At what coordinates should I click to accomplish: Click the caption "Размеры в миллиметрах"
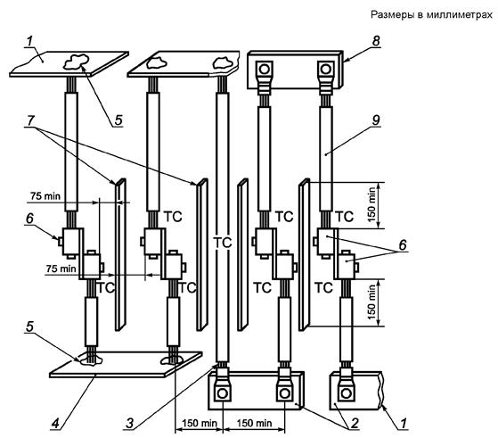431,14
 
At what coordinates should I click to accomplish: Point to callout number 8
376,41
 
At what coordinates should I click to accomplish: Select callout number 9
376,120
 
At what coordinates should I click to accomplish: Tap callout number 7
31,120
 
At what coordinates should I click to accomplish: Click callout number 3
130,424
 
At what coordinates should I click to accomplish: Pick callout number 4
55,424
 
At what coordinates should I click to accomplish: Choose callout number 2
355,423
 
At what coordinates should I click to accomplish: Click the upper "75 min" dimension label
45,196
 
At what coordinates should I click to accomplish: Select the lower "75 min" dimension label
61,269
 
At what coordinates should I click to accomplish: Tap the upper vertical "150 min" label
371,204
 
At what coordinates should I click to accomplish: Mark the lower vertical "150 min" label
371,302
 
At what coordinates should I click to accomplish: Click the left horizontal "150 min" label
200,423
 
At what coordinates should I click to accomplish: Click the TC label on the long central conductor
223,243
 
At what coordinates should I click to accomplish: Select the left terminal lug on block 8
265,77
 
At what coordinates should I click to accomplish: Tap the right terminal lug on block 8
325,77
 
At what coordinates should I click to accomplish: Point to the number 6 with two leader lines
403,245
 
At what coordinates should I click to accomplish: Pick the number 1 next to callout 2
404,424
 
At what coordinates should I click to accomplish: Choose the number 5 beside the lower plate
29,326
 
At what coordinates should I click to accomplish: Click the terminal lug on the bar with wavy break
347,385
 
